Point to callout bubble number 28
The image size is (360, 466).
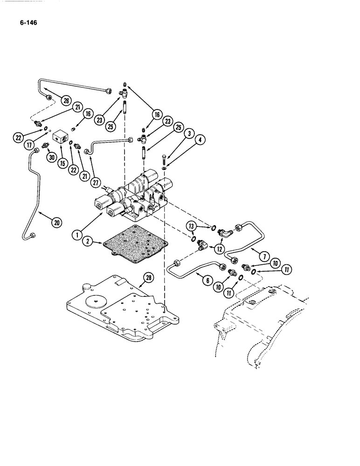click(148, 278)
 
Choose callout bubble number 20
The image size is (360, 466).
click(56, 223)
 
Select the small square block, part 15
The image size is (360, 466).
click(61, 137)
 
